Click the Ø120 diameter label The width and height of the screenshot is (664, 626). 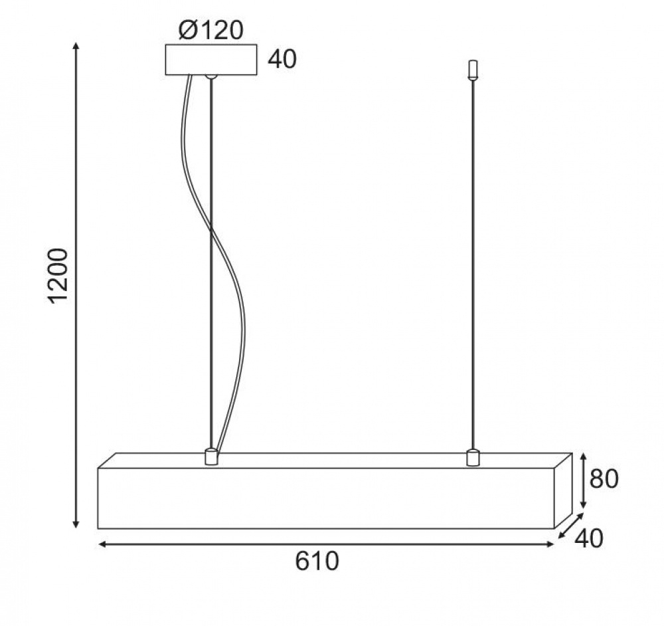(x=211, y=30)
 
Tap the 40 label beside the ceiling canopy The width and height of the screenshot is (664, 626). (x=282, y=59)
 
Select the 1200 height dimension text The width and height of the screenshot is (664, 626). (x=57, y=276)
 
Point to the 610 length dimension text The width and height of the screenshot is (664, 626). (x=317, y=561)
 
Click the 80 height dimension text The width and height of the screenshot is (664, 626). (x=604, y=479)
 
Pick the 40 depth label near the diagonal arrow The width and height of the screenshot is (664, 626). (x=588, y=539)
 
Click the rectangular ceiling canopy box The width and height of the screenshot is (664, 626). (x=211, y=60)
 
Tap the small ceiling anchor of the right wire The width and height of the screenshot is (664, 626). (x=473, y=70)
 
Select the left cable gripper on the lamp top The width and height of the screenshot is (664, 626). (x=210, y=457)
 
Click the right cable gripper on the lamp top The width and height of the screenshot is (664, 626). (x=472, y=457)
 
